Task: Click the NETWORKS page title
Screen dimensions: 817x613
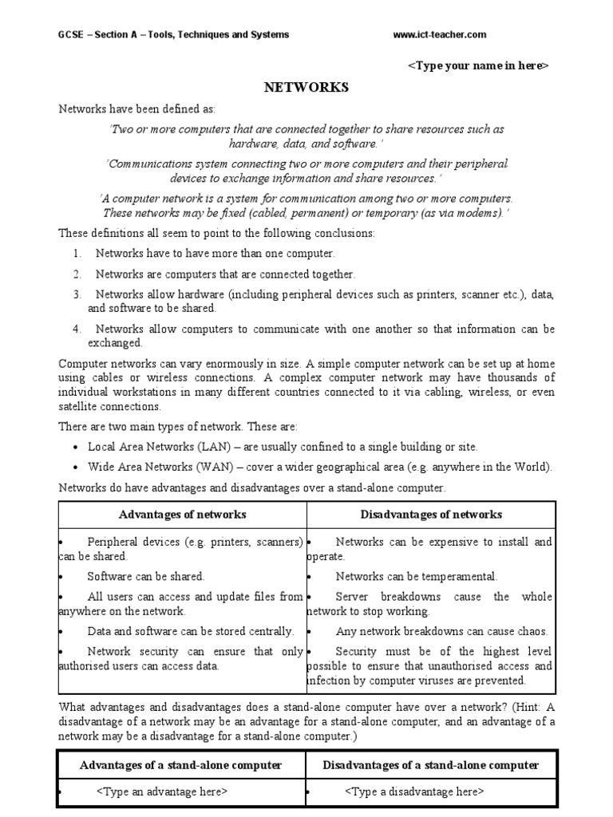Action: tap(306, 88)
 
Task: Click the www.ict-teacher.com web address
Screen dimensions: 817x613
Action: tap(440, 35)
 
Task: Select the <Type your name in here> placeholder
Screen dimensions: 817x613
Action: tap(478, 65)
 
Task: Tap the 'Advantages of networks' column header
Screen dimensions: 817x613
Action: tap(183, 515)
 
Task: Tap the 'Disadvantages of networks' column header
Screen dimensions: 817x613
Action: tap(431, 515)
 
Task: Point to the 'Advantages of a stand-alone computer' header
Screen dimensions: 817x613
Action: tap(181, 765)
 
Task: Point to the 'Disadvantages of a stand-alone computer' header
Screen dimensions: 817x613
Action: tap(431, 765)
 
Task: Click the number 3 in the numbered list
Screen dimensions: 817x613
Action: tap(77, 295)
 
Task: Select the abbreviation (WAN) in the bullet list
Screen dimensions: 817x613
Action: tap(204, 468)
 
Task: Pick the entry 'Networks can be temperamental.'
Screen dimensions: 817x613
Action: tap(416, 576)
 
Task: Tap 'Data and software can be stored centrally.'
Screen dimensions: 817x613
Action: tap(191, 631)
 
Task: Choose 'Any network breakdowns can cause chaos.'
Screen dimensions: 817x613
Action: tap(441, 631)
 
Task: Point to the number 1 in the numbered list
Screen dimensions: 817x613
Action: tap(77, 254)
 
